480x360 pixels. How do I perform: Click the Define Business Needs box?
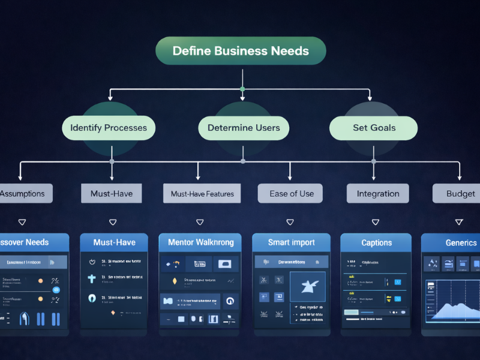(x=241, y=51)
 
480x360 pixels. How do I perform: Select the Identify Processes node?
(x=109, y=128)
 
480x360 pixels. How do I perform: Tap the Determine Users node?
(x=243, y=128)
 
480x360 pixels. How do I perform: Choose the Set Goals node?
(x=373, y=128)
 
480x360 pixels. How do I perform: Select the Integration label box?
(x=377, y=193)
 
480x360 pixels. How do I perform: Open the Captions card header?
(x=376, y=242)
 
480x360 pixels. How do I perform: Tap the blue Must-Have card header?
(x=114, y=242)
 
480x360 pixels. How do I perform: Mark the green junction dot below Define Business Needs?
(x=242, y=89)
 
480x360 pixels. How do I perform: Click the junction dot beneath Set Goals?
(x=373, y=161)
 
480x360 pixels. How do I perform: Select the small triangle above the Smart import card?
(x=290, y=222)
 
